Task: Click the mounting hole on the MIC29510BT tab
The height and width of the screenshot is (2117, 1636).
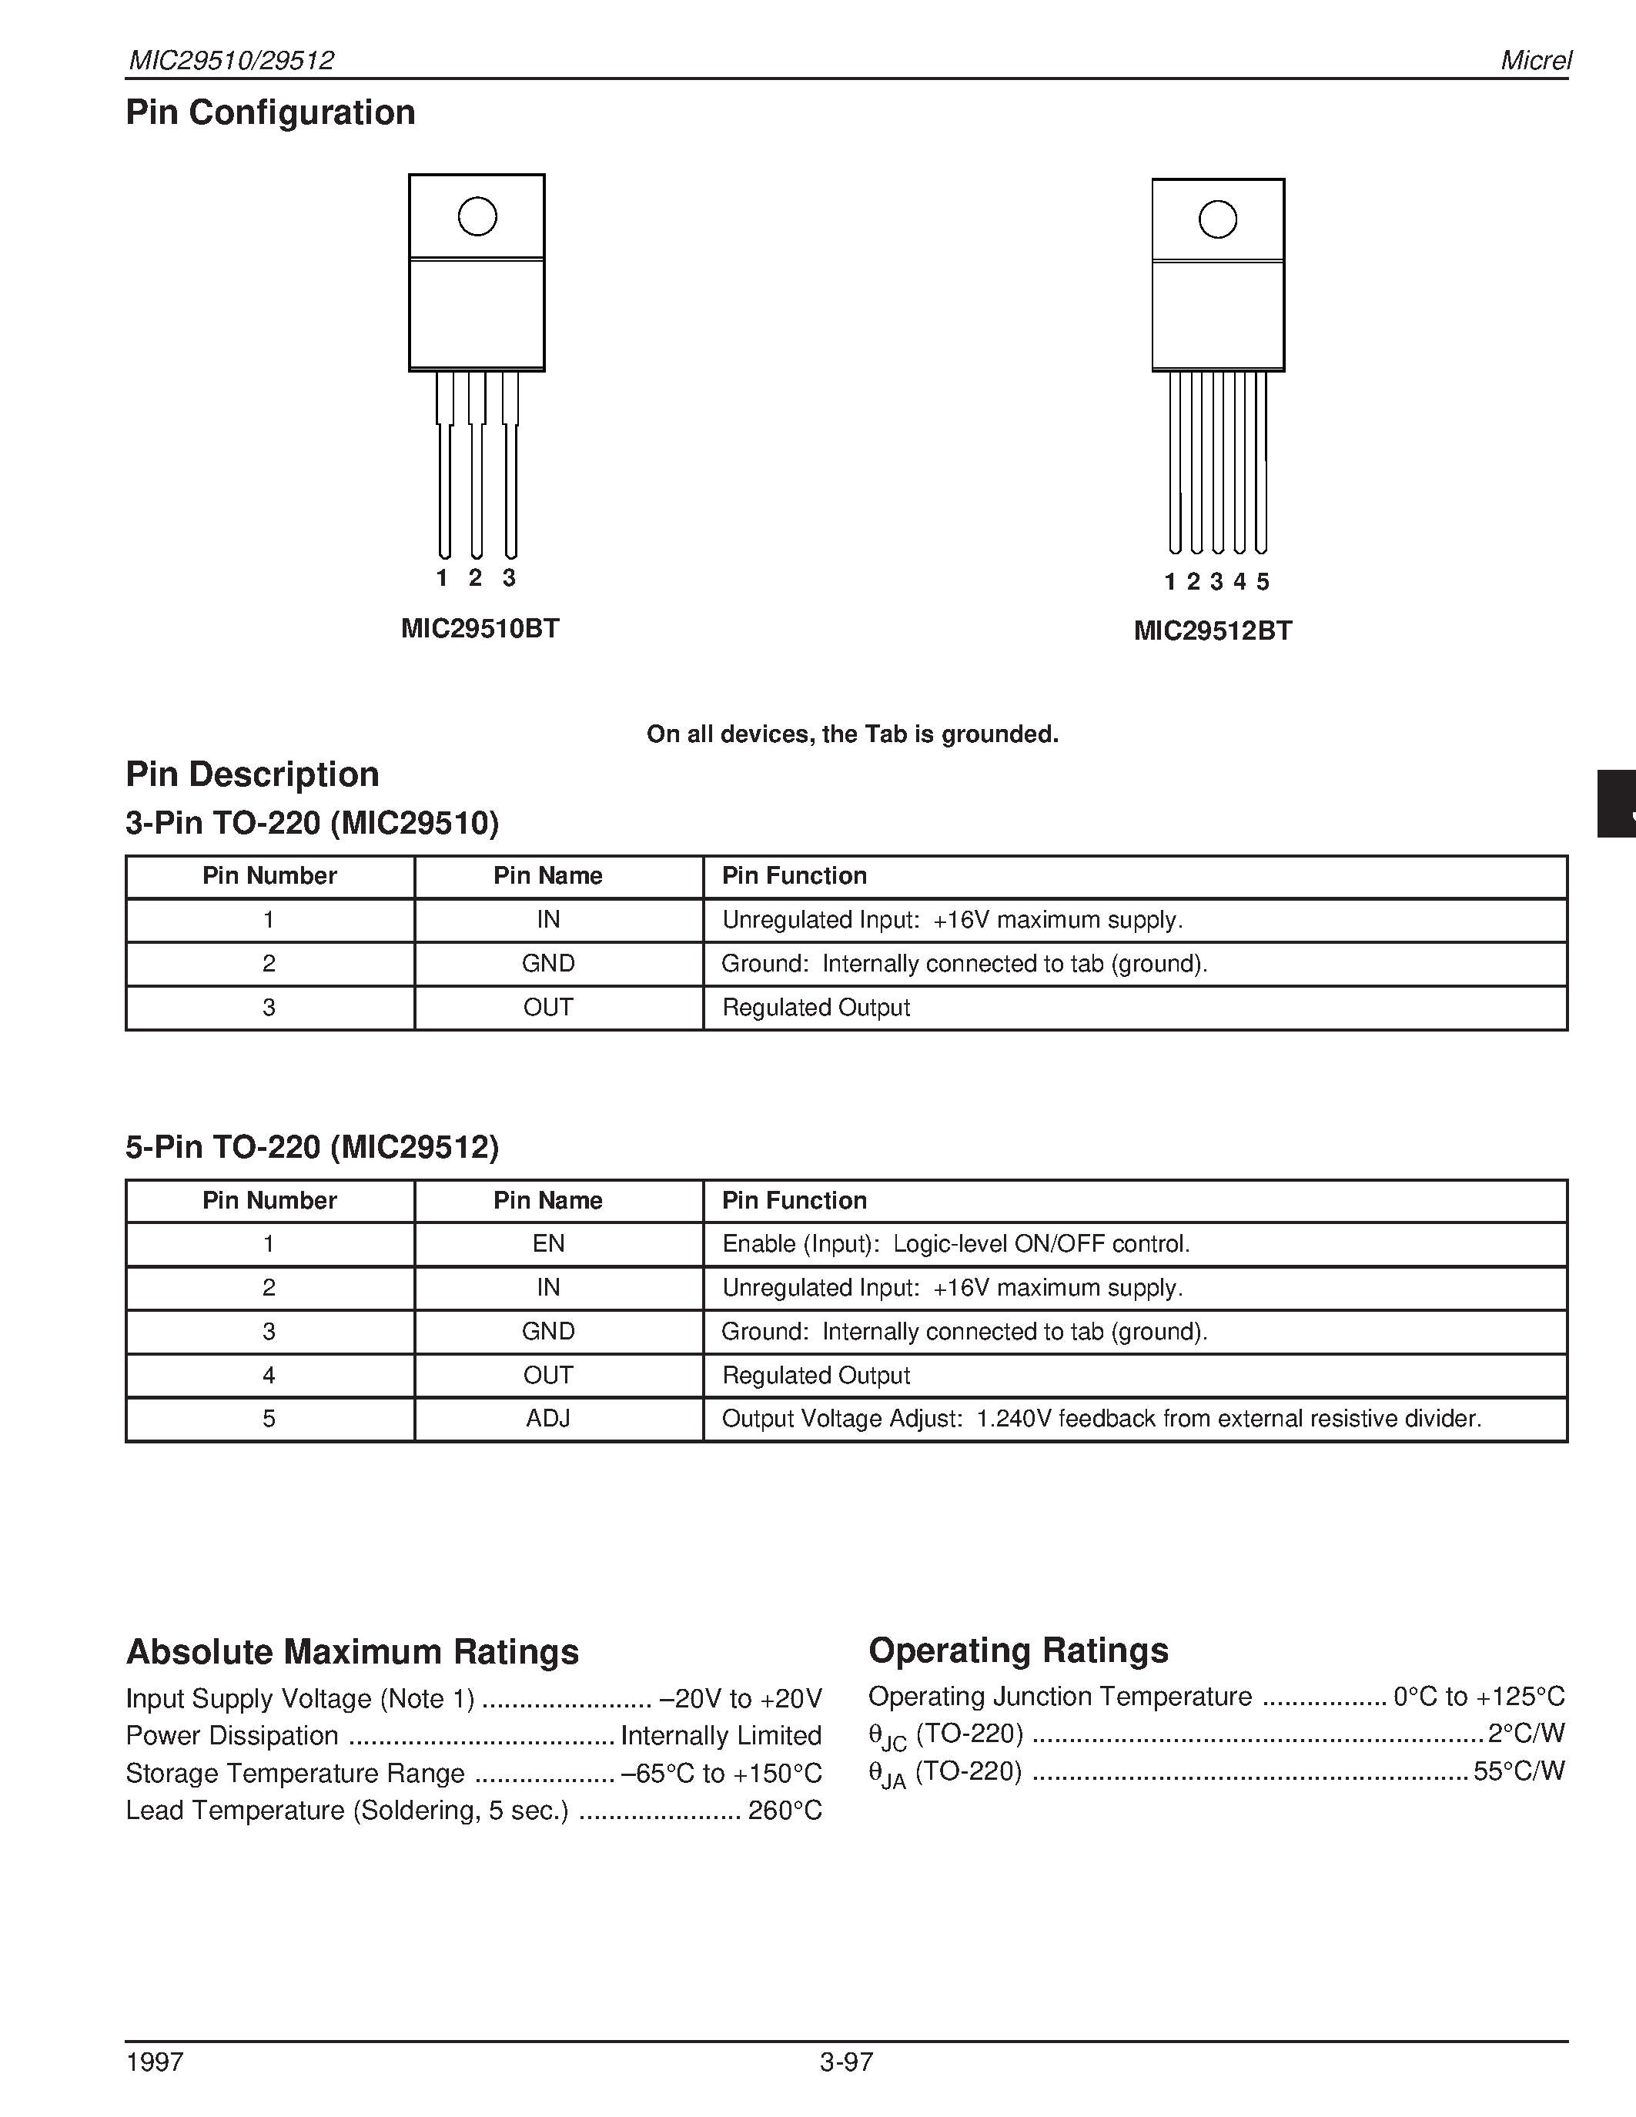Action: tap(477, 216)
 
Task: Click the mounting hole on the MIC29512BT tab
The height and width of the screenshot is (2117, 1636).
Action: tap(1217, 219)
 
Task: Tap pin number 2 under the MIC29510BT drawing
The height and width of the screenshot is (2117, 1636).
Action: tap(475, 577)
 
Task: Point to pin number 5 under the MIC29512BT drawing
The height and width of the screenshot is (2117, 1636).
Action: tap(1262, 581)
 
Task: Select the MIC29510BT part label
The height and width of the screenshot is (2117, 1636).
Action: tap(480, 628)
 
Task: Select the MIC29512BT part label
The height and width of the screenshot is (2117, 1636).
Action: tap(1213, 631)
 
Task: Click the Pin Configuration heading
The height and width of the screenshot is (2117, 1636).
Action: tap(270, 112)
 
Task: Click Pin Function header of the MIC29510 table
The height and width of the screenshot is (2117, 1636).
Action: tap(794, 875)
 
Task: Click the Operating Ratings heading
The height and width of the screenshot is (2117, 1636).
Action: tap(1018, 1650)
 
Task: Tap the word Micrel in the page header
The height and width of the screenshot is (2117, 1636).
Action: tap(1535, 60)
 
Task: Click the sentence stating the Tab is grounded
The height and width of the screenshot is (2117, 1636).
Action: tap(852, 734)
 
